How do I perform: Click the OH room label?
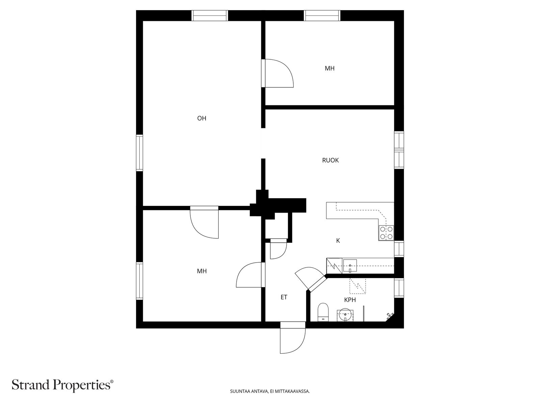pos(201,118)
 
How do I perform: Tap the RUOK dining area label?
pos(330,160)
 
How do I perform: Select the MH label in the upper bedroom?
pos(329,69)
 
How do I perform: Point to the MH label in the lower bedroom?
pos(201,271)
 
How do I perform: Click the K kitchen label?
pos(338,241)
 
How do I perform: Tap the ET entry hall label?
pos(284,297)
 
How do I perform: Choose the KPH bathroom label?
pos(350,300)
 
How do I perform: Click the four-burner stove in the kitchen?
pos(386,233)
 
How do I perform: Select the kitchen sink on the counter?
pos(350,265)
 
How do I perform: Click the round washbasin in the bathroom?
pos(345,315)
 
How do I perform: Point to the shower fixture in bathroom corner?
pos(390,315)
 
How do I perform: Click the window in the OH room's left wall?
pos(139,153)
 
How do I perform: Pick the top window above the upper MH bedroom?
pos(322,16)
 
